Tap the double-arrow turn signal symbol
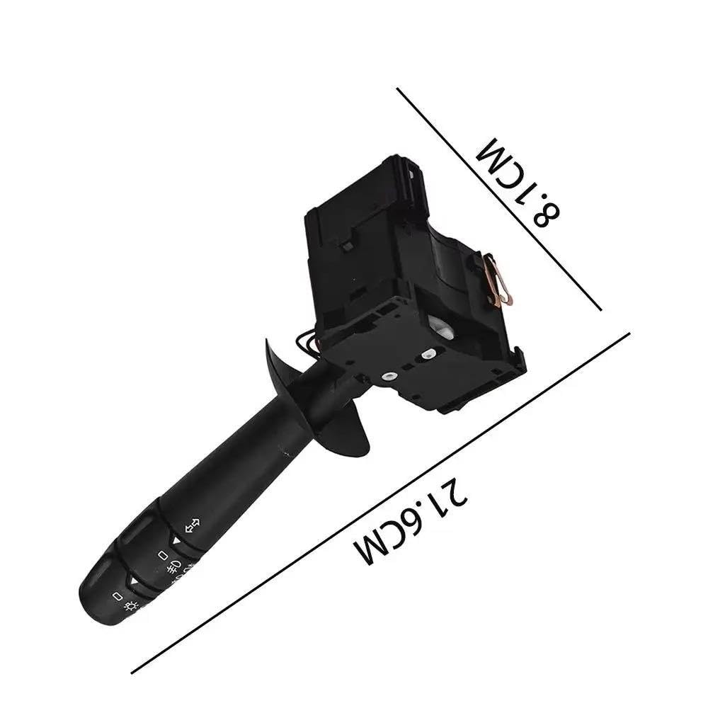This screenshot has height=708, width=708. pos(193,525)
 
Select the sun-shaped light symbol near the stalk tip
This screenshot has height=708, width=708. pos(131,605)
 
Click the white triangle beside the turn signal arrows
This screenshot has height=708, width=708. pos(176,540)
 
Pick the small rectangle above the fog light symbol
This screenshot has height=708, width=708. pos(163,554)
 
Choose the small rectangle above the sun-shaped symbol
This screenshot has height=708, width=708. pos(118,596)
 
